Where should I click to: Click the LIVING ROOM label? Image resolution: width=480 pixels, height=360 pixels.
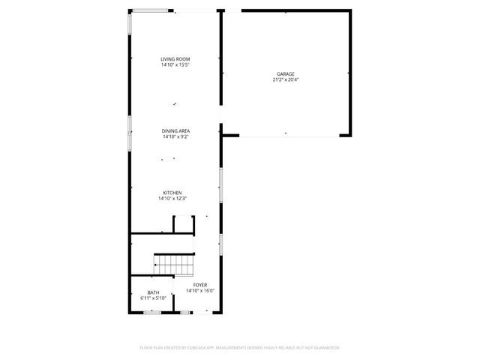point(175,59)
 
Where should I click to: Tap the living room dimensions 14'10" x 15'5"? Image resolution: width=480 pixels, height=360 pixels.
point(175,65)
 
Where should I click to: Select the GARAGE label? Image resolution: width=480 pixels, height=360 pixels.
point(286,73)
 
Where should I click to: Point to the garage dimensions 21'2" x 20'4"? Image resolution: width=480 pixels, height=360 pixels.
point(286,79)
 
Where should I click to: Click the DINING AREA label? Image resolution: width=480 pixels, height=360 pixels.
point(175,131)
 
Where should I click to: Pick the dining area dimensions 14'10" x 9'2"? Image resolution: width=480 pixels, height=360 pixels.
point(175,137)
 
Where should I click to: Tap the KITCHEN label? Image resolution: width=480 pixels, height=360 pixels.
point(172,193)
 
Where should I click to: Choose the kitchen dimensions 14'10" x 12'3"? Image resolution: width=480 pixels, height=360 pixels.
point(172,199)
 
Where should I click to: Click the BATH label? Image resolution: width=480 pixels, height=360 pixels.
point(153,292)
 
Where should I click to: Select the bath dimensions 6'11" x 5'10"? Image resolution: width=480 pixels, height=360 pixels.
point(153,298)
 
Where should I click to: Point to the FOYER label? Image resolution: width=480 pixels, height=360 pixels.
point(199,285)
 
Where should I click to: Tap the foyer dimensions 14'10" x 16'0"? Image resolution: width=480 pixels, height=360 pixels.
point(199,291)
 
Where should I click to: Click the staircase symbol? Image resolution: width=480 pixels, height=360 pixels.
point(174,264)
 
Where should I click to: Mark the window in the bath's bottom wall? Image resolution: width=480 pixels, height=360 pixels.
point(153,311)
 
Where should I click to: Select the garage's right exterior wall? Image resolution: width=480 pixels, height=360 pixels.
point(349,73)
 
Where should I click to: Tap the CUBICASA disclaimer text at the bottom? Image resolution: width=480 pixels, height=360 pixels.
point(240,348)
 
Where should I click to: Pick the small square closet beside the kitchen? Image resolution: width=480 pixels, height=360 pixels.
point(184,224)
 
